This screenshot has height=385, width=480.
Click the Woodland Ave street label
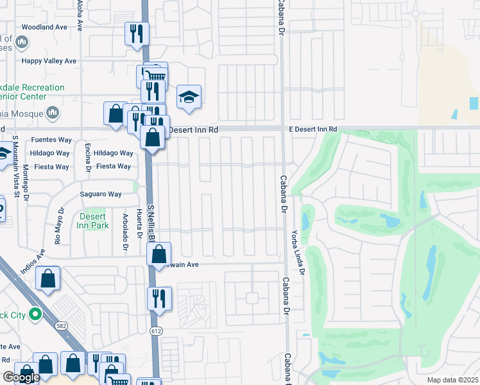tap(44, 28)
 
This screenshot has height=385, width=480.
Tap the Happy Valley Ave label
tap(49, 61)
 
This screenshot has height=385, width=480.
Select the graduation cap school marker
tap(189, 98)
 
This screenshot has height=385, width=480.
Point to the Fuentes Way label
tap(51, 140)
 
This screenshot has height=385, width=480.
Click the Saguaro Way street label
tap(101, 194)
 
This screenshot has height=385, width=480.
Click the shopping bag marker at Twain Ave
tap(159, 254)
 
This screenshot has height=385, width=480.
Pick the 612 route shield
tap(156, 331)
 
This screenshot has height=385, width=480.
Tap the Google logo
tap(21, 377)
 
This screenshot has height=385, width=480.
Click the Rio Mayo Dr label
tap(58, 225)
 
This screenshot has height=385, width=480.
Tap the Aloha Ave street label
tap(80, 15)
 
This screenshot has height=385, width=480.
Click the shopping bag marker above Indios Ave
tap(48, 279)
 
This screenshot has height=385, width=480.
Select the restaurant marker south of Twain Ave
tap(159, 298)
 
